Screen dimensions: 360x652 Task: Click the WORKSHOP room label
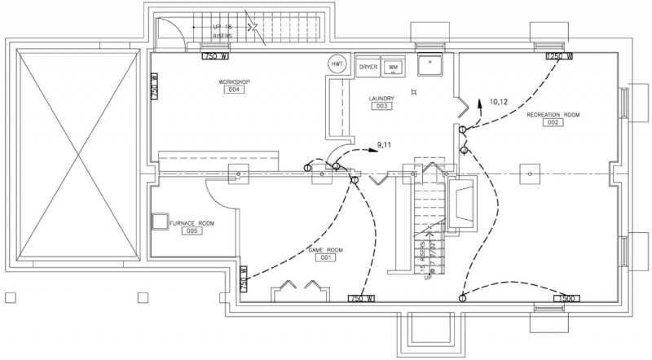234,82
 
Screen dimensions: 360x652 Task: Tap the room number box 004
235,91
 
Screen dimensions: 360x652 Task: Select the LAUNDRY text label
381,99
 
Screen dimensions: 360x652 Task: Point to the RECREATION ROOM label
553,115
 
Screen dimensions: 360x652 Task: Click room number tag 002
553,124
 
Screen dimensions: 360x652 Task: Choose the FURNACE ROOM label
192,222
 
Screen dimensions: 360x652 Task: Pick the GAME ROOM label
325,248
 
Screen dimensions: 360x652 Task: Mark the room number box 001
325,257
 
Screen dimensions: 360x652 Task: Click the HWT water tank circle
336,64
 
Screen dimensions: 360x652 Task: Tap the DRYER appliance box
368,66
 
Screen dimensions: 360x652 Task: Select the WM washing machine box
393,66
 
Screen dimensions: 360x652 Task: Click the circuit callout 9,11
385,144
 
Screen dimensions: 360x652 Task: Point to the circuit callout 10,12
499,102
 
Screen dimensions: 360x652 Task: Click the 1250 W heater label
559,57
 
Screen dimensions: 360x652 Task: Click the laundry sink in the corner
429,64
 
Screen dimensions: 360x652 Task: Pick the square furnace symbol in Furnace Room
160,222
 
